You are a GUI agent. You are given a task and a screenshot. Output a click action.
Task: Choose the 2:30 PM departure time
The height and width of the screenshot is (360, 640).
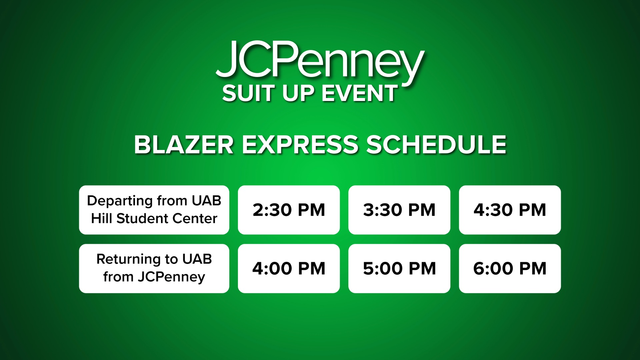tap(289, 210)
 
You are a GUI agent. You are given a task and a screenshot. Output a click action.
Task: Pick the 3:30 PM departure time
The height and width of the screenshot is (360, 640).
tap(399, 210)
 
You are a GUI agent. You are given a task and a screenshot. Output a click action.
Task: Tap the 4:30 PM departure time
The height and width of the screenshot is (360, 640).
tap(510, 210)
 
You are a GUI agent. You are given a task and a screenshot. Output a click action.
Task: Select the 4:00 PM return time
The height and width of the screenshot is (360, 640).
tap(289, 269)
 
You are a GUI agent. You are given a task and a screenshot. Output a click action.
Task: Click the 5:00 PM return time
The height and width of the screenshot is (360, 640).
tap(399, 269)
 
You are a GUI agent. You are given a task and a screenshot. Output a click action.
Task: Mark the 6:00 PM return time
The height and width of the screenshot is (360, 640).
tap(510, 269)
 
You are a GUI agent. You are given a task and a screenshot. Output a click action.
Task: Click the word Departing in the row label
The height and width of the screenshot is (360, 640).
tap(120, 201)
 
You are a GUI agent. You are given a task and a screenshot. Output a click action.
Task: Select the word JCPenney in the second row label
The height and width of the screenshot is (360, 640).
tap(172, 277)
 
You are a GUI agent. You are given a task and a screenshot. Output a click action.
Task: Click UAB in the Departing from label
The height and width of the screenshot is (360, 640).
tap(206, 201)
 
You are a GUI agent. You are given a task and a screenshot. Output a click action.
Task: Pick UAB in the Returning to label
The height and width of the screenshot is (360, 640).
tap(197, 259)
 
